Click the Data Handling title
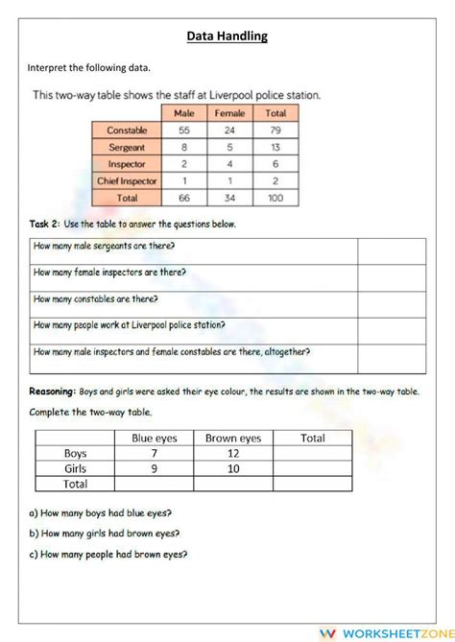227,36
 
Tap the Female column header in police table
229,113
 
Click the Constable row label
126,130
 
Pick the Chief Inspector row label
126,180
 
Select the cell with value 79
275,130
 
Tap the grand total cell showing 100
275,198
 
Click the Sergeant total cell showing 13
275,147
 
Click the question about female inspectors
110,273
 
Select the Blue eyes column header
154,438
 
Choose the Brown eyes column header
233,438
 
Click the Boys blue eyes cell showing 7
154,454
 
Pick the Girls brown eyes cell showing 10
233,469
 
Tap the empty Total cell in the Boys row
312,454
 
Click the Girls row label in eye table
75,469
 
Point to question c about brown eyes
108,554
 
